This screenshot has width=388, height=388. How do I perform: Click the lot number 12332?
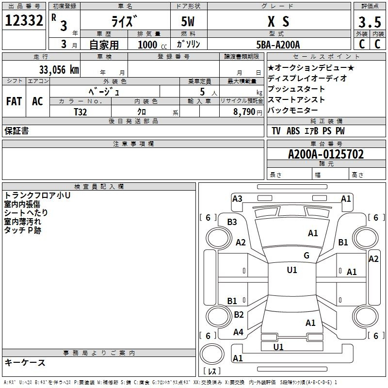[x=24, y=20]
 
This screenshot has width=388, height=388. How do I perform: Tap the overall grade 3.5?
[x=370, y=22]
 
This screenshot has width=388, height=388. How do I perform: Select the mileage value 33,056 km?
[x=59, y=70]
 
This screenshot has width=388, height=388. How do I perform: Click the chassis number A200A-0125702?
[x=326, y=154]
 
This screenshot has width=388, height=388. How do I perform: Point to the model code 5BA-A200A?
[x=278, y=45]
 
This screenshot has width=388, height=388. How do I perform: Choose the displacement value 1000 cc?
[x=152, y=45]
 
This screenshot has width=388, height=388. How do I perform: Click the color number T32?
[x=81, y=112]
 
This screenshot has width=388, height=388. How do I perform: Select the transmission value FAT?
[x=14, y=101]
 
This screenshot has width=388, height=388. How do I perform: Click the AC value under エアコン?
[x=38, y=101]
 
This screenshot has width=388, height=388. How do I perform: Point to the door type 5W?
[x=188, y=21]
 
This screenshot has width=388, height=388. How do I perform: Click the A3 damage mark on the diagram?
[x=237, y=199]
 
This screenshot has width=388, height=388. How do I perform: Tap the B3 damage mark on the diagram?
[x=232, y=222]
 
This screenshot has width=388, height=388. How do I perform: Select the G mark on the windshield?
[x=307, y=255]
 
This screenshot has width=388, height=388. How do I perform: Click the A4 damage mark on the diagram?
[x=238, y=332]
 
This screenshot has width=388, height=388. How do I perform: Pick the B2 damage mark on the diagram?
[x=239, y=314]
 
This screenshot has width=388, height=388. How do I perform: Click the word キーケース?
[x=25, y=362]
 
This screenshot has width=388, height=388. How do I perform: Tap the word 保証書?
[x=16, y=130]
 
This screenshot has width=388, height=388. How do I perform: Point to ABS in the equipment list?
[x=293, y=130]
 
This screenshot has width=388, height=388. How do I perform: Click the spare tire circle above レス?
[x=212, y=354]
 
